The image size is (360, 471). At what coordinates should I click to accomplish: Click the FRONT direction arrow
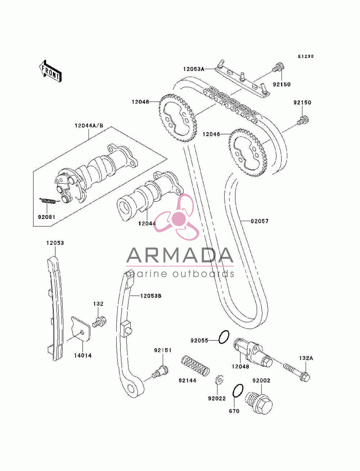[x=50, y=71]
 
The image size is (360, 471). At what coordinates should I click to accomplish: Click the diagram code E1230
[x=306, y=57]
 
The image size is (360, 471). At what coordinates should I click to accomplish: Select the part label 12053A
[x=194, y=69]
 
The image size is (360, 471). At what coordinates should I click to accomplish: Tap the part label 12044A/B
[x=89, y=126]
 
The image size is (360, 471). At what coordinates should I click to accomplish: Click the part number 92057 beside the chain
[x=260, y=221]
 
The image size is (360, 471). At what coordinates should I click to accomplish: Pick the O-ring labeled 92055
[x=224, y=337]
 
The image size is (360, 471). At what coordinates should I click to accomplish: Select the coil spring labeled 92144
[x=195, y=365]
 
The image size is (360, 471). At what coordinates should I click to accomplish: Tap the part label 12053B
[x=151, y=296]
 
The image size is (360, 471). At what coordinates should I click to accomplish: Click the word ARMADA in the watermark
[x=180, y=255]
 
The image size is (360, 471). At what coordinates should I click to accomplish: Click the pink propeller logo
[x=176, y=217]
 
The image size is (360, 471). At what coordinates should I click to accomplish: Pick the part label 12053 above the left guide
[x=55, y=243]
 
